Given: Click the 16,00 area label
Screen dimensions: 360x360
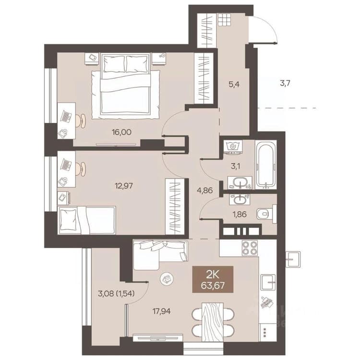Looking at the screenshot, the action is click(x=122, y=132).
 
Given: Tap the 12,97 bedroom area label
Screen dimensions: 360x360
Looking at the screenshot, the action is click(x=124, y=185).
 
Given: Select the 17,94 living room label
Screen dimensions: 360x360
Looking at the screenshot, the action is click(x=162, y=312).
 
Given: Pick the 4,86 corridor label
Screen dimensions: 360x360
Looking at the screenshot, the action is click(x=205, y=191).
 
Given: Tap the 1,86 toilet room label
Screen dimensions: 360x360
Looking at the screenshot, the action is click(x=240, y=214).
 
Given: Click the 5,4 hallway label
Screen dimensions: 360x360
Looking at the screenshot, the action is click(x=234, y=84).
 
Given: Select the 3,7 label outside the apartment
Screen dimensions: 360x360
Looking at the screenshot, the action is click(x=285, y=83).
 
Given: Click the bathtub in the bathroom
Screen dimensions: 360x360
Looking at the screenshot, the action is click(x=265, y=164).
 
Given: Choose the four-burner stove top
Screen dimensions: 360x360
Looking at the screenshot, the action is click(x=250, y=248).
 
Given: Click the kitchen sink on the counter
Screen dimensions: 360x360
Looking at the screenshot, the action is click(x=268, y=282).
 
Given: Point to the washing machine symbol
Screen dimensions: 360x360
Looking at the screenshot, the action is click(x=233, y=147).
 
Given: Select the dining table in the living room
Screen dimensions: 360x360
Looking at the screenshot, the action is click(x=213, y=322).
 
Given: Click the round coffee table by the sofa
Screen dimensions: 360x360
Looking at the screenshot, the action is click(x=167, y=279).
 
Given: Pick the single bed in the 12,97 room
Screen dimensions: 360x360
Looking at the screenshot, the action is click(x=87, y=220).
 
